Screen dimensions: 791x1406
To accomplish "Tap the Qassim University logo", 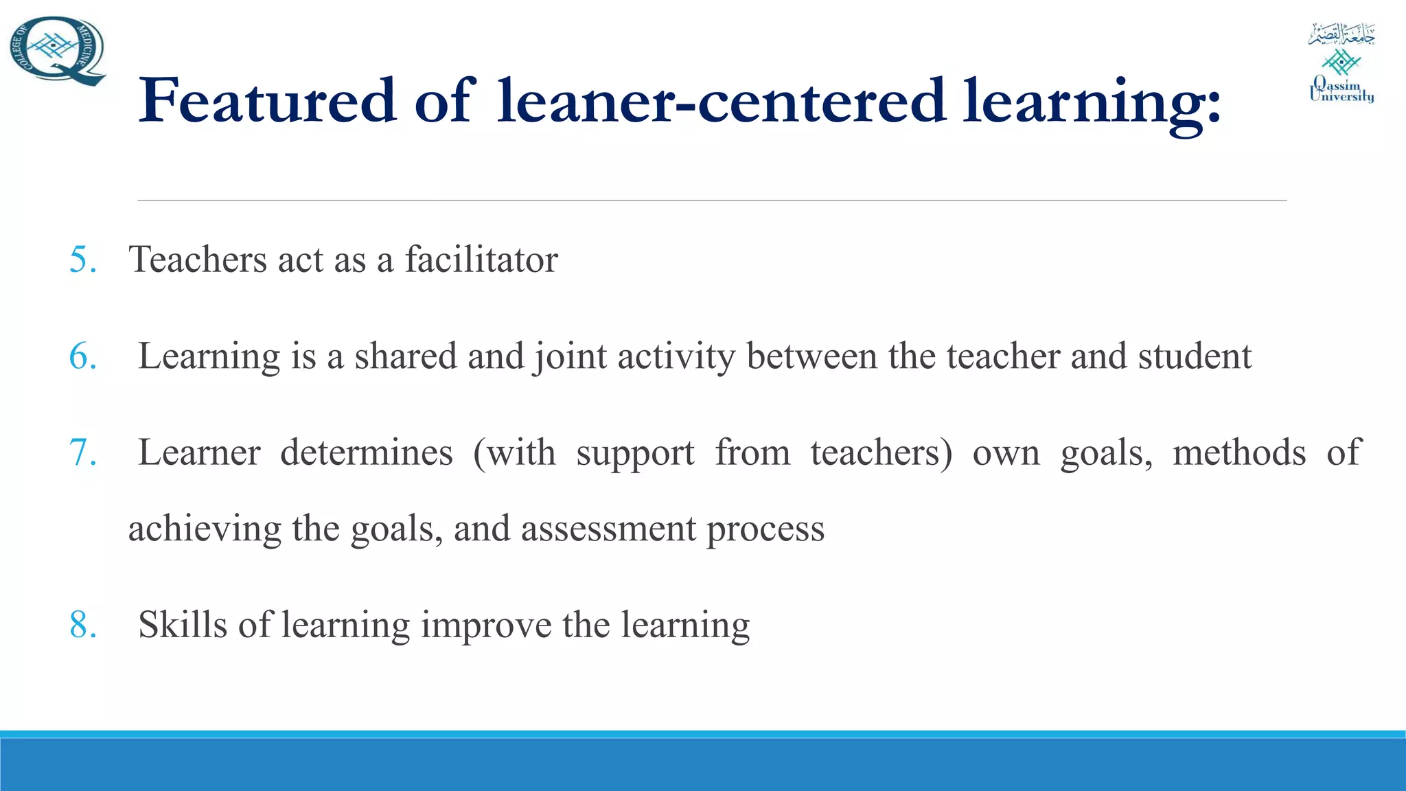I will (1341, 63).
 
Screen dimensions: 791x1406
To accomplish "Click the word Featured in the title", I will (267, 101).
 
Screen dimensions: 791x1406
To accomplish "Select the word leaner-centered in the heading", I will (721, 101).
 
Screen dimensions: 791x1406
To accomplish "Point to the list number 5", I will (82, 260).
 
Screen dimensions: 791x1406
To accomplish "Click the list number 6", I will (82, 356).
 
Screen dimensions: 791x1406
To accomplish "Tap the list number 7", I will (82, 452).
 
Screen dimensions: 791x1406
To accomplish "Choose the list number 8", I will (82, 625).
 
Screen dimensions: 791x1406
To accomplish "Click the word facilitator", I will (481, 260).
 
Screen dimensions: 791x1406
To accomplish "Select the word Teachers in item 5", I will (198, 260).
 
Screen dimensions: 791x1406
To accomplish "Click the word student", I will (1195, 356).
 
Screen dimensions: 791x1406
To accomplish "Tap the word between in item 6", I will (811, 356).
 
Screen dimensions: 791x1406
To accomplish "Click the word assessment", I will (608, 529).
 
